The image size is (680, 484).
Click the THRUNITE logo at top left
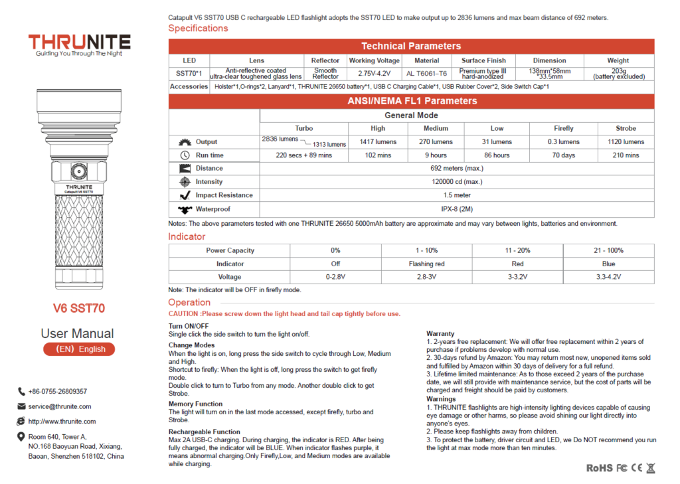click(x=79, y=44)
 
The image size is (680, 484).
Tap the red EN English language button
click(x=79, y=349)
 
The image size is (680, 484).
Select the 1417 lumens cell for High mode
click(x=378, y=141)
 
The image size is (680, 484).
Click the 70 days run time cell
click(x=563, y=155)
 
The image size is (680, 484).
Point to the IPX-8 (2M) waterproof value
click(x=457, y=209)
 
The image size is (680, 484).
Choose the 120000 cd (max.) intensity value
click(x=457, y=182)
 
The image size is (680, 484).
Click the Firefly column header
click(x=563, y=128)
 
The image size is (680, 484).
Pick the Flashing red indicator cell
click(x=427, y=264)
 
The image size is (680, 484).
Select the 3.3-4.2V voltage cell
click(x=608, y=277)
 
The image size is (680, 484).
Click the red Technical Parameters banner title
click(x=411, y=46)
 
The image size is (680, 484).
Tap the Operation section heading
click(x=189, y=303)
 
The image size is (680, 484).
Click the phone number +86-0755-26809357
click(x=57, y=392)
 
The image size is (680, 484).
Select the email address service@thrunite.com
click(x=60, y=406)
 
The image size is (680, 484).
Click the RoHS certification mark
click(x=599, y=468)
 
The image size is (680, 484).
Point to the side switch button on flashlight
click(x=79, y=172)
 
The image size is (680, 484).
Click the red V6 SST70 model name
click(x=79, y=309)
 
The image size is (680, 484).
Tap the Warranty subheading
click(x=440, y=334)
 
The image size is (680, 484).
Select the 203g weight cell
click(x=618, y=74)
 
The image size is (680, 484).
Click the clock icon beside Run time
click(x=185, y=155)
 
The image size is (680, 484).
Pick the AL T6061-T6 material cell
click(x=427, y=74)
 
